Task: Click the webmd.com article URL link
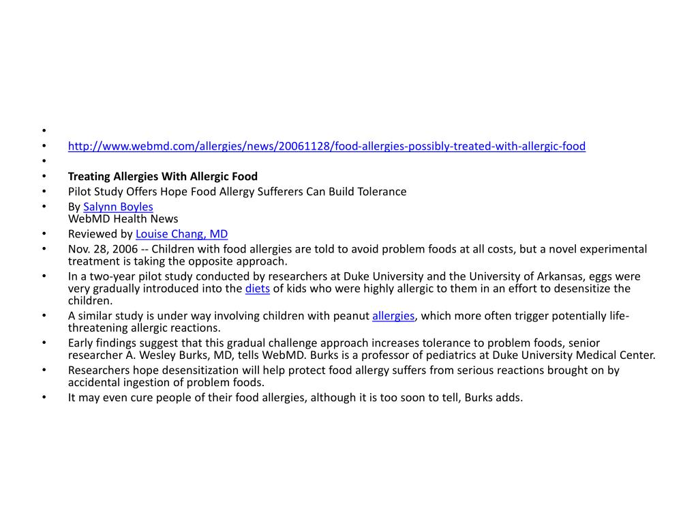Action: point(327,146)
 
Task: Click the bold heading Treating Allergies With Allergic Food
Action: point(162,176)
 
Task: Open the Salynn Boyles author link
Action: point(118,207)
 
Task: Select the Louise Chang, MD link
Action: point(181,234)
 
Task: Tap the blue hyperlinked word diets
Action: point(258,289)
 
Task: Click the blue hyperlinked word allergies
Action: point(393,316)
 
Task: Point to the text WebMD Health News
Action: point(123,219)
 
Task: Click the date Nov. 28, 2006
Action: point(102,249)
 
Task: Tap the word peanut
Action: point(352,316)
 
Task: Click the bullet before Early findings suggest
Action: point(44,343)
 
